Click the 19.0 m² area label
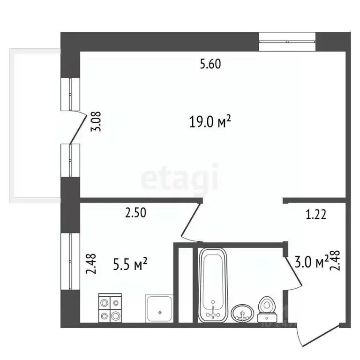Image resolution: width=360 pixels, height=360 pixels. [x=210, y=123]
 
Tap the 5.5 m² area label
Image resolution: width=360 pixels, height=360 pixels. [x=131, y=265]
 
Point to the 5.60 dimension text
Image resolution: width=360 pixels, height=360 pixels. [x=210, y=65]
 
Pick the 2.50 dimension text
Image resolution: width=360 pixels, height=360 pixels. [x=135, y=213]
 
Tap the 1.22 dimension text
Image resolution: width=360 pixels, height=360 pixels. [x=316, y=215]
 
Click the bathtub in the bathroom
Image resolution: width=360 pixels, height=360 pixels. [x=212, y=285]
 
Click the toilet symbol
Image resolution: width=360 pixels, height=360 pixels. [x=266, y=308]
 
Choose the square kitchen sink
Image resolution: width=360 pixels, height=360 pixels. [x=159, y=309]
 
